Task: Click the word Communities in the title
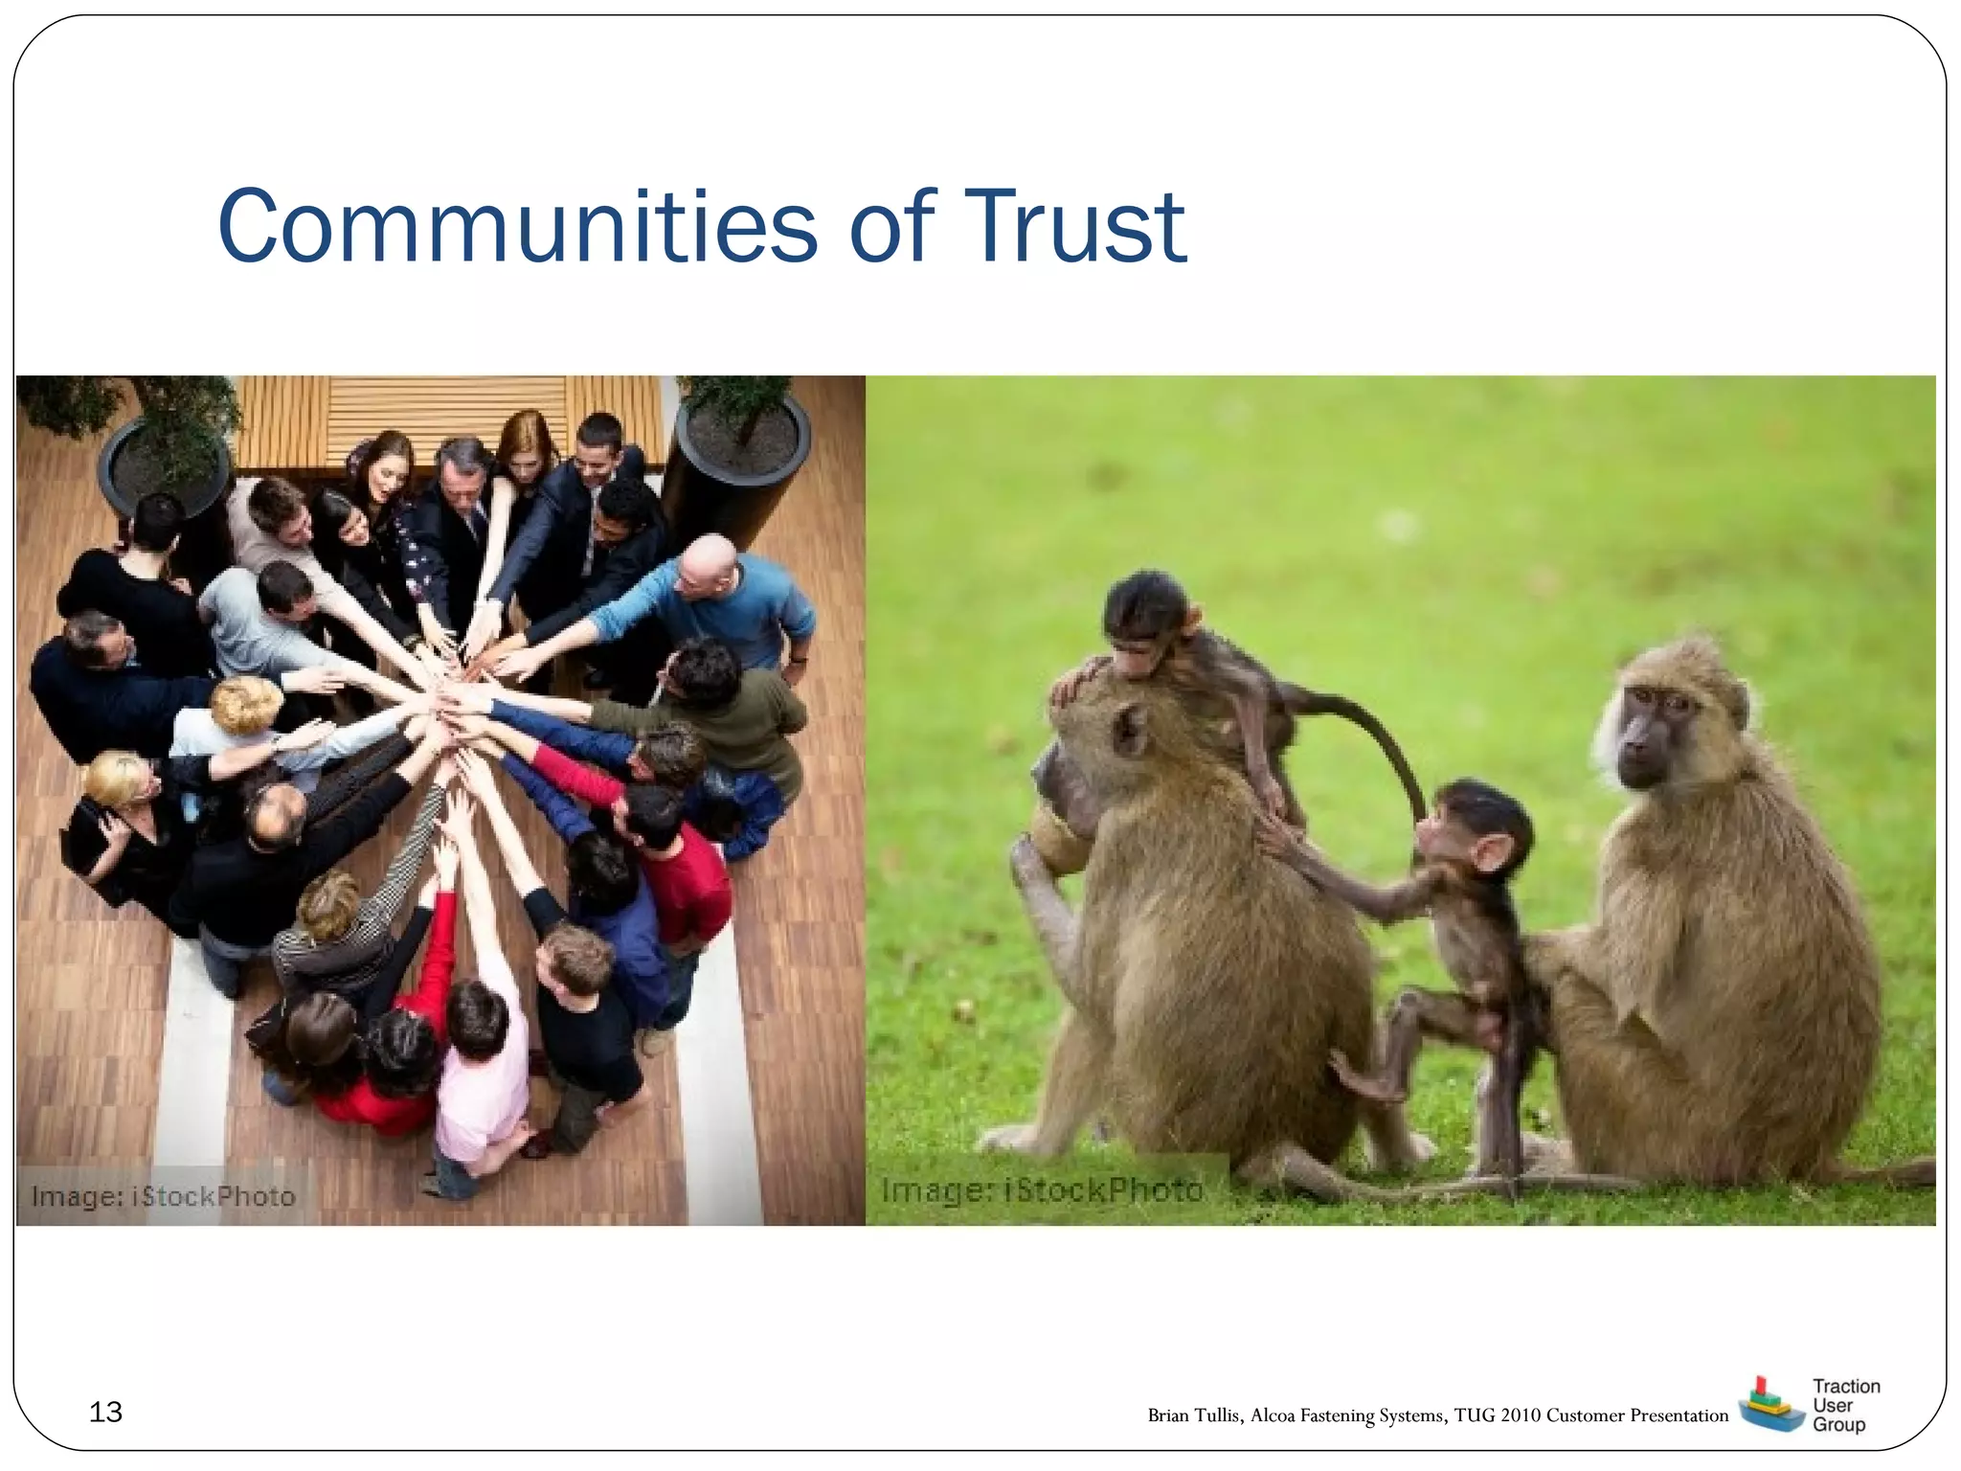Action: click(517, 226)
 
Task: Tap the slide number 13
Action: click(105, 1412)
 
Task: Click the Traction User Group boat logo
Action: click(1769, 1405)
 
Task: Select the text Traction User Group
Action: click(1845, 1405)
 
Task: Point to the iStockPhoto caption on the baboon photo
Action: click(1042, 1190)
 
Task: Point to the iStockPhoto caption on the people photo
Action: click(163, 1196)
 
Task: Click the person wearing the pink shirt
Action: click(479, 1073)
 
